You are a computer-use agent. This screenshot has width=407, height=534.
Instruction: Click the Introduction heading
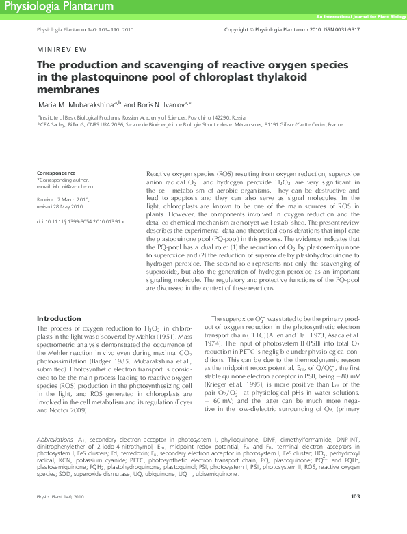click(58, 319)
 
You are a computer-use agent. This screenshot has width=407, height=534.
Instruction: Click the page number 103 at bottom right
click(355, 516)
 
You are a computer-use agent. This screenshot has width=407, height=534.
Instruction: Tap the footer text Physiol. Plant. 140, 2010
click(60, 516)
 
